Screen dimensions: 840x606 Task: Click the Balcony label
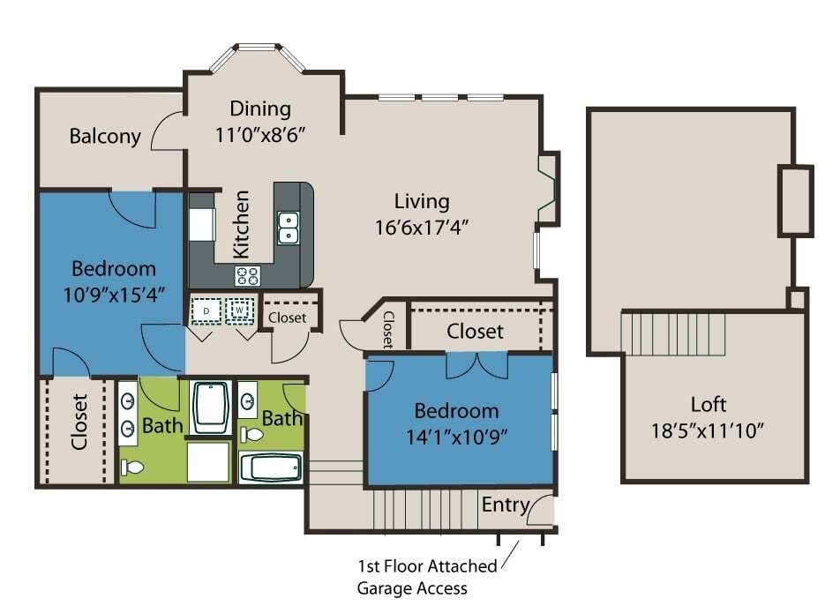pos(105,136)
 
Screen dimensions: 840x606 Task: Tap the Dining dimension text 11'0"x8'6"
pos(260,134)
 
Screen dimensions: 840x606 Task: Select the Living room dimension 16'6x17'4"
pos(422,228)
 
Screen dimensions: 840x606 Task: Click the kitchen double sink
pos(289,228)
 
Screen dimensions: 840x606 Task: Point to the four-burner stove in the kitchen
pos(247,276)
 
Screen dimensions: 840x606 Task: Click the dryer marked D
pos(206,310)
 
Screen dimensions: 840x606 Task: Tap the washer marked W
pos(239,310)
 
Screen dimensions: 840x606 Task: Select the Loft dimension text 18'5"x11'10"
pos(707,430)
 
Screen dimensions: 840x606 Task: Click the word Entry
pos(506,505)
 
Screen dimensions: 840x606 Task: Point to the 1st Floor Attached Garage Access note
pos(427,577)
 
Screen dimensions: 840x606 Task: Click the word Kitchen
pos(242,224)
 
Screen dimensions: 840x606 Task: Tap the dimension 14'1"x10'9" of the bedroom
pos(456,438)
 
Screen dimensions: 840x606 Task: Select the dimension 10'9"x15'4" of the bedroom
pos(114,295)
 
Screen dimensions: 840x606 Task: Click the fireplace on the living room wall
pos(549,188)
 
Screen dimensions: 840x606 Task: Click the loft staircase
pos(673,333)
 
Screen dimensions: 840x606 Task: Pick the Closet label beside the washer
pos(287,318)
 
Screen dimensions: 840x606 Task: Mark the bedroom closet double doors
pos(477,365)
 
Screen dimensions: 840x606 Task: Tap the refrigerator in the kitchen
pos(202,225)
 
